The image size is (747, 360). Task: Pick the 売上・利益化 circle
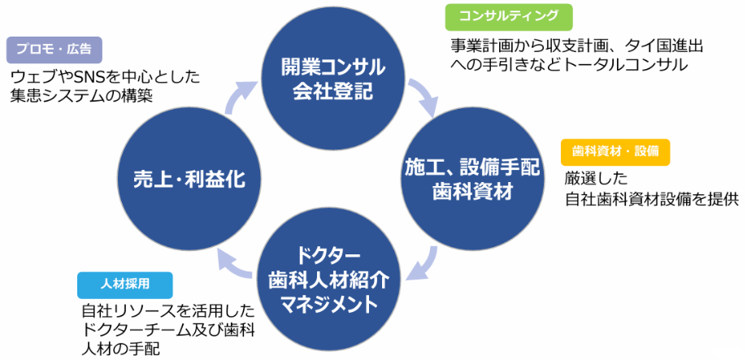[x=189, y=180]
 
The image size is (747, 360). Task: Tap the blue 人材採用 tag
[x=125, y=284]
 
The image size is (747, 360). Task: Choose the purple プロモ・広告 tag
[x=54, y=50]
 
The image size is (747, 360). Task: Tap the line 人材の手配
[x=121, y=348]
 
